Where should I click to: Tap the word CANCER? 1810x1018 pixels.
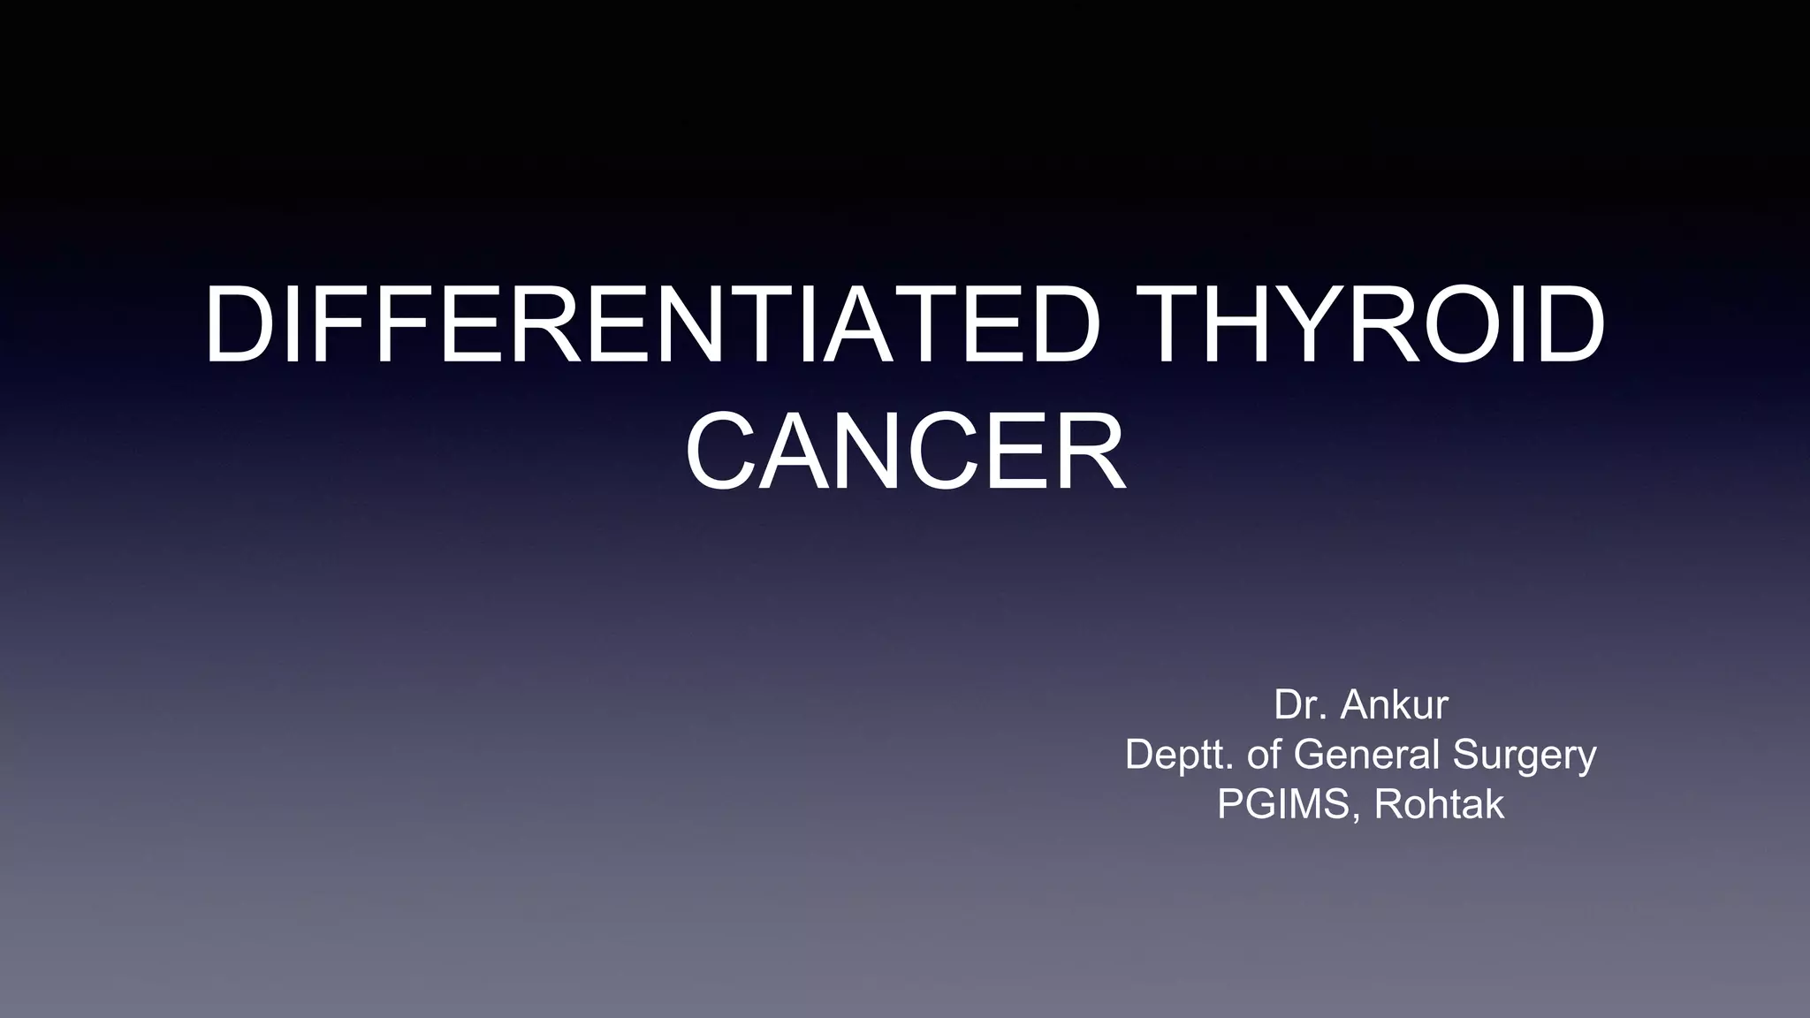905,452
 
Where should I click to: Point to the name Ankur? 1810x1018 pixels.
1394,705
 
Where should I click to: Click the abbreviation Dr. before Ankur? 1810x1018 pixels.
1299,705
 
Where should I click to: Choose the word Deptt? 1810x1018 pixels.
1178,755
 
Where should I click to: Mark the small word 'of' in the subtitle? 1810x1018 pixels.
1265,755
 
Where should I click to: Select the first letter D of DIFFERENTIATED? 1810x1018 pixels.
237,323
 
